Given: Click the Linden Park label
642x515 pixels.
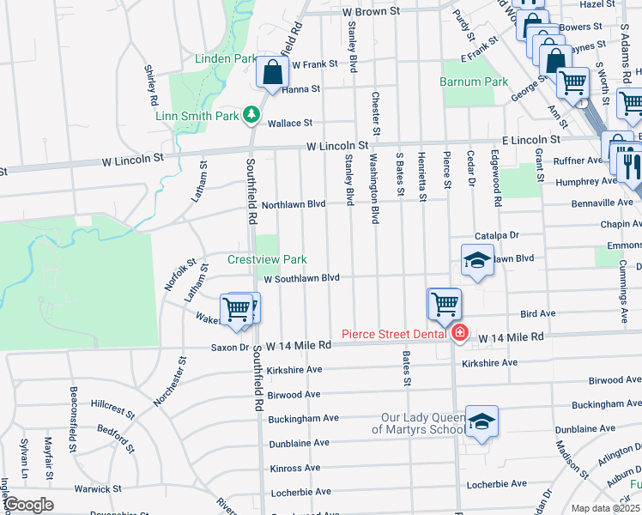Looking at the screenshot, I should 227,58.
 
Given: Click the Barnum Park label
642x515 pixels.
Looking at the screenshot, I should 474,82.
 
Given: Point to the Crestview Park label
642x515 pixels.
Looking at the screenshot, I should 267,259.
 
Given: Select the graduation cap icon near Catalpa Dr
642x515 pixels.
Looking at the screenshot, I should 478,260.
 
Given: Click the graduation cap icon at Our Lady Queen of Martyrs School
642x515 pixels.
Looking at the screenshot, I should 482,421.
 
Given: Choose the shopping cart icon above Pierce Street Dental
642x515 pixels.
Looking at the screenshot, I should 445,303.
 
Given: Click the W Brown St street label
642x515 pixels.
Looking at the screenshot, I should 371,13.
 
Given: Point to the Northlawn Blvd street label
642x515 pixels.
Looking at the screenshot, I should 294,204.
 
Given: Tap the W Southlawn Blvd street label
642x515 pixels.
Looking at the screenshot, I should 302,278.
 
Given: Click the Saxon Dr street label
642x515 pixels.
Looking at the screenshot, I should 230,348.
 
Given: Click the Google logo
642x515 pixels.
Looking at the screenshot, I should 27,505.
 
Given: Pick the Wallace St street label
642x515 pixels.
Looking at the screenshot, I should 290,124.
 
